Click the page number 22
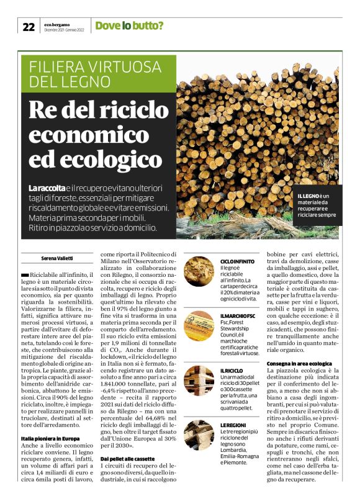click(29, 26)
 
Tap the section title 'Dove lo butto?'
click(129, 25)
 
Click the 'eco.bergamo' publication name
click(56, 23)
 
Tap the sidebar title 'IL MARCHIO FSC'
click(238, 316)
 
